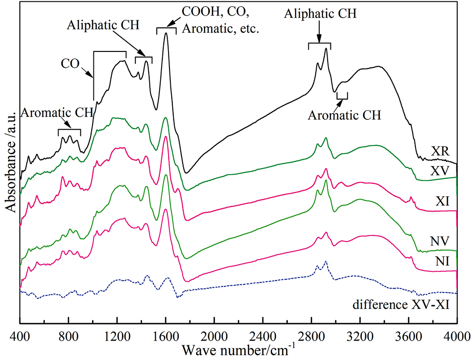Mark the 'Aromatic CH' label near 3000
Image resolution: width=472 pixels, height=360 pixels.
[345, 114]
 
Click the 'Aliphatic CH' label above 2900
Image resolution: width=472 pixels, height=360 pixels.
[320, 15]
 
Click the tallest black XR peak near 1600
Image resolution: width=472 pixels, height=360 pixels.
[166, 34]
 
